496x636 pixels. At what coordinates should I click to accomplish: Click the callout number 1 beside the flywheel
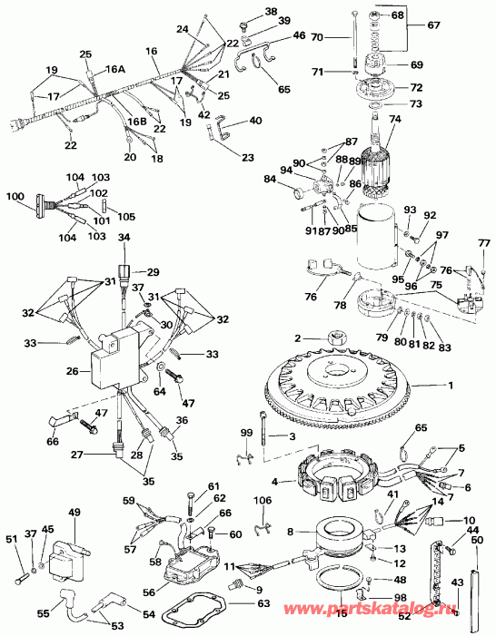(x=448, y=386)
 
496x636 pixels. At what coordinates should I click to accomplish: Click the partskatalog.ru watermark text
(x=417, y=611)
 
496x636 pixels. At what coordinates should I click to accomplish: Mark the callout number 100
(x=15, y=196)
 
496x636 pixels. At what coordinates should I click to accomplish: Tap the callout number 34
(x=124, y=238)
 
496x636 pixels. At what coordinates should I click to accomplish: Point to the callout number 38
(x=246, y=11)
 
